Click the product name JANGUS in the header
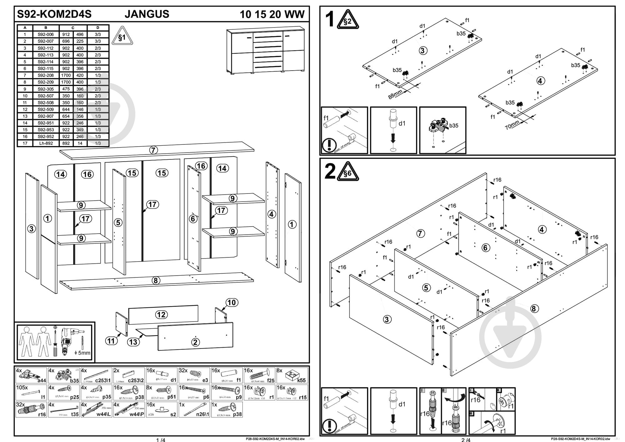pos(147,14)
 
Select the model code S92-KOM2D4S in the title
pos(54,14)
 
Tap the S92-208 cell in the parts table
pos(46,75)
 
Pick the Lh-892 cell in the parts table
pos(46,143)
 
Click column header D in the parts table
pos(97,28)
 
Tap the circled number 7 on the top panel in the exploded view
pos(153,150)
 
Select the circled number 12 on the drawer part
pos(161,314)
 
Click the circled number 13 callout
pos(133,342)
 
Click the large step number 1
pos(330,19)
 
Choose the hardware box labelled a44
pos(31,375)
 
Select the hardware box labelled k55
pos(292,375)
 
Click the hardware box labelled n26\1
pos(194,409)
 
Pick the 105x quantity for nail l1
pos(22,388)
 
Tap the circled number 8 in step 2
pos(534,309)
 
